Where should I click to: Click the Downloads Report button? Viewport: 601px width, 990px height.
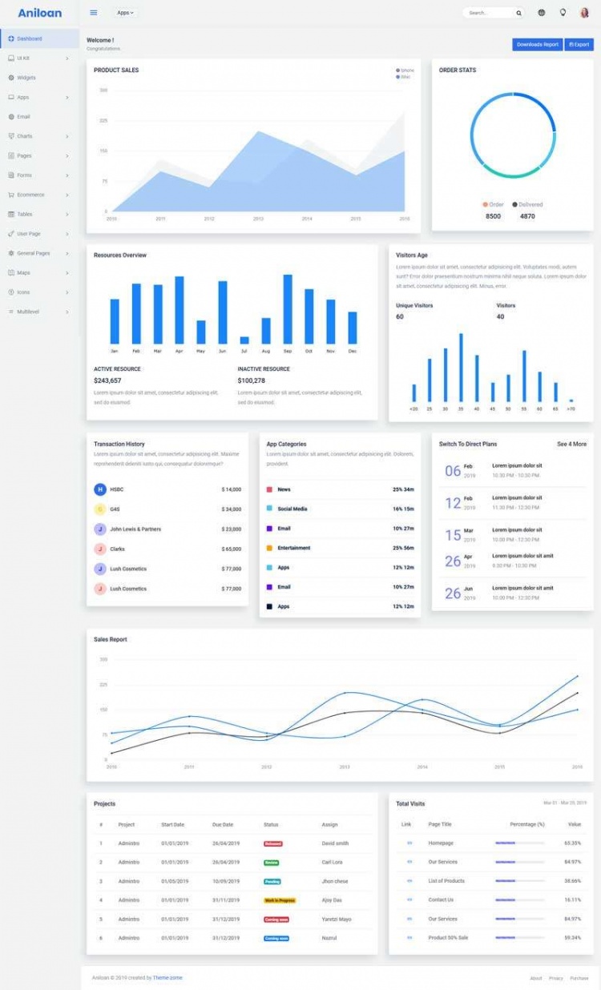click(537, 45)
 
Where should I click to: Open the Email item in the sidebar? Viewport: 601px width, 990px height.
click(23, 117)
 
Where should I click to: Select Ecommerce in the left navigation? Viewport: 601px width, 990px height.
click(30, 195)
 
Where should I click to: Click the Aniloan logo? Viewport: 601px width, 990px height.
click(39, 13)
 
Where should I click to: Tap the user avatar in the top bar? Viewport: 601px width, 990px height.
click(584, 13)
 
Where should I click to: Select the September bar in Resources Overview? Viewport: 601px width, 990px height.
click(288, 309)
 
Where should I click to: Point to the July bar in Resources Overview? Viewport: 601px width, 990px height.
click(244, 340)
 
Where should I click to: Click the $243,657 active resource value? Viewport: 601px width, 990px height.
click(107, 380)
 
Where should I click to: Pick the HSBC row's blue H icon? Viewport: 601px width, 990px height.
click(100, 489)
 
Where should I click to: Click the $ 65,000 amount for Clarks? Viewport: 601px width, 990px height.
click(231, 549)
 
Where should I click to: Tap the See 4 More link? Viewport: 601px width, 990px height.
click(571, 444)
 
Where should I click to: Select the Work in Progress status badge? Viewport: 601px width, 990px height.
click(280, 900)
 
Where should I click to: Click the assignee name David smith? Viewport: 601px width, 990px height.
click(335, 843)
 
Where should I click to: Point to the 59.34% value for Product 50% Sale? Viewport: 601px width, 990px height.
click(572, 938)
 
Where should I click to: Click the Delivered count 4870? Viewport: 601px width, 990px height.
click(527, 216)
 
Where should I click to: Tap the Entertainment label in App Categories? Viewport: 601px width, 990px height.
click(294, 548)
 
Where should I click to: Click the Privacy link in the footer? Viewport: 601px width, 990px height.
click(556, 978)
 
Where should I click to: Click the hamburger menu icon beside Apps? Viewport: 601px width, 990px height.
click(94, 13)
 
